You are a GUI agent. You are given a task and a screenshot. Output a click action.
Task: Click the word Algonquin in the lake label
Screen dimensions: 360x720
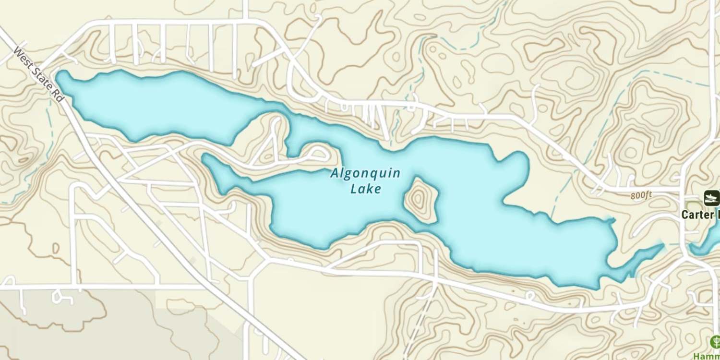pos(365,173)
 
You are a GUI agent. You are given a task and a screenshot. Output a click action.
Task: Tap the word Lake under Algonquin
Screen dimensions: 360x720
pos(366,189)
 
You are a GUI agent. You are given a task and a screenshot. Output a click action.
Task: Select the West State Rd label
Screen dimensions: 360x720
pos(38,74)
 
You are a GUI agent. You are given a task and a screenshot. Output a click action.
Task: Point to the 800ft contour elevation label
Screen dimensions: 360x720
pos(641,195)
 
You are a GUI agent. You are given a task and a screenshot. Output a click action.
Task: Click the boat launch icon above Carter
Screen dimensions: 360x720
pos(711,197)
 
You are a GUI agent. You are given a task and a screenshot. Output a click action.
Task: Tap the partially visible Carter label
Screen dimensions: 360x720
pos(700,215)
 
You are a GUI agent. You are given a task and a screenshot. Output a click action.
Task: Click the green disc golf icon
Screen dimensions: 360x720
pos(714,342)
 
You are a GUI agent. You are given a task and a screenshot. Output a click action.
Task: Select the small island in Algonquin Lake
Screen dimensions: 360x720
pos(420,200)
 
